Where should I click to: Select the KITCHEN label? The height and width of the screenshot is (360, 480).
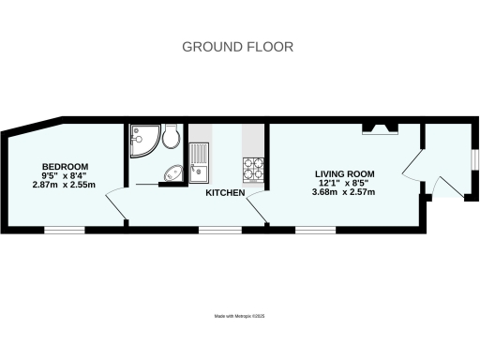tap(226, 193)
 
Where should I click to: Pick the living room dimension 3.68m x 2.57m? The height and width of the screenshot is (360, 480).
tap(343, 192)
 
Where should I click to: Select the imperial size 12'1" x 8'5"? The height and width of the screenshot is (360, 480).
tap(343, 183)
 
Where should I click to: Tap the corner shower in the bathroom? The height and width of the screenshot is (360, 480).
tap(143, 141)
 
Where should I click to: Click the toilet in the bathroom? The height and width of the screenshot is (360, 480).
tap(170, 139)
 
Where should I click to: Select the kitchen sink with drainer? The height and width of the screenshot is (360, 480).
tap(200, 159)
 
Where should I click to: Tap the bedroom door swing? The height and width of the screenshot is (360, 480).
tap(115, 204)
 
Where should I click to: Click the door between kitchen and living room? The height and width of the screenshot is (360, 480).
tap(260, 208)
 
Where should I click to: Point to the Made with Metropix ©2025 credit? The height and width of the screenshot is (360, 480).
tap(239, 317)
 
